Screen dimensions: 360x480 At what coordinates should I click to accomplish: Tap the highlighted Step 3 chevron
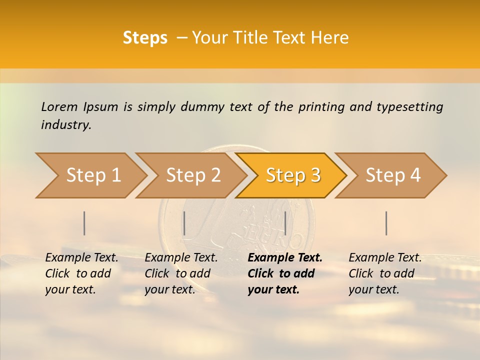[293, 175]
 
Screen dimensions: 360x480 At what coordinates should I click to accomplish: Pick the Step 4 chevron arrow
[393, 175]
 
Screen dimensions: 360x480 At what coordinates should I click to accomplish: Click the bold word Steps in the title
[145, 38]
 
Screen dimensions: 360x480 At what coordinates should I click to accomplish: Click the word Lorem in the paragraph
[59, 106]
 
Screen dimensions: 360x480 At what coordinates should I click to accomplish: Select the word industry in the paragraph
[65, 125]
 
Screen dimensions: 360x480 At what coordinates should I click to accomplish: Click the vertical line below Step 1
[84, 223]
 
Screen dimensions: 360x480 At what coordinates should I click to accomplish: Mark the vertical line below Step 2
[184, 223]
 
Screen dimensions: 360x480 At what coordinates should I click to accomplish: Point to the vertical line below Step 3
[285, 223]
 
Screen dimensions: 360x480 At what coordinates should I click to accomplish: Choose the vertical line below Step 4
[386, 223]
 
